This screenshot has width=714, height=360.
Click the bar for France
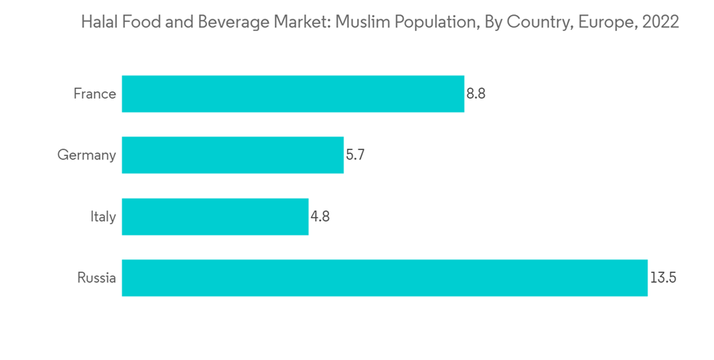point(293,94)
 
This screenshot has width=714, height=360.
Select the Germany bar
point(233,155)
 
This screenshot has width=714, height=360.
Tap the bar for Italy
point(215,216)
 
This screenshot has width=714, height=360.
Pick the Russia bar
point(384,278)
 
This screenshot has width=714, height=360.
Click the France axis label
point(94,94)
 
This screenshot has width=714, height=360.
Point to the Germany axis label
point(86,155)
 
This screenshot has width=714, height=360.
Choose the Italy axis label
point(104,216)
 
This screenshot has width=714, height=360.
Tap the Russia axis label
point(96,278)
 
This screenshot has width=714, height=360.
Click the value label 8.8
point(476,94)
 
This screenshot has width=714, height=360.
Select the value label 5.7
point(356,155)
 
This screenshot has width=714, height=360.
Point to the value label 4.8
point(320,216)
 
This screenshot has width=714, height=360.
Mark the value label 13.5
point(663,278)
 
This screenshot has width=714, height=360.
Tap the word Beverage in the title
point(222,22)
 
